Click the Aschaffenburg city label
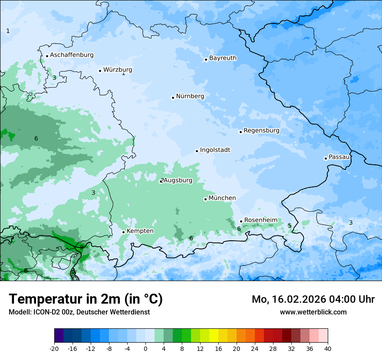point(72,55)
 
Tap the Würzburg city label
point(117,70)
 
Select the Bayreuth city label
point(223,58)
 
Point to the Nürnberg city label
point(190,96)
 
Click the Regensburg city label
point(261,131)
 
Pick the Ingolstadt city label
point(215,150)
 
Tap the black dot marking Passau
point(326,158)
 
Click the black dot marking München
point(205,199)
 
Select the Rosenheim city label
point(260,220)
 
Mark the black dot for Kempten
point(123,232)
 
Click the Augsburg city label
point(178,180)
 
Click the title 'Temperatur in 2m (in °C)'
point(86,299)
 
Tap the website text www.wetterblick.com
point(313,312)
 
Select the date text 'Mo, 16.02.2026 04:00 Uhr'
point(313,299)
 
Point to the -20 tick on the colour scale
point(54,348)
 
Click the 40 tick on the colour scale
point(327,348)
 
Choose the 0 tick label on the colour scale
point(145,348)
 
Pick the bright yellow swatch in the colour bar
point(214,336)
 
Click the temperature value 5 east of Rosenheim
point(290,226)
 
